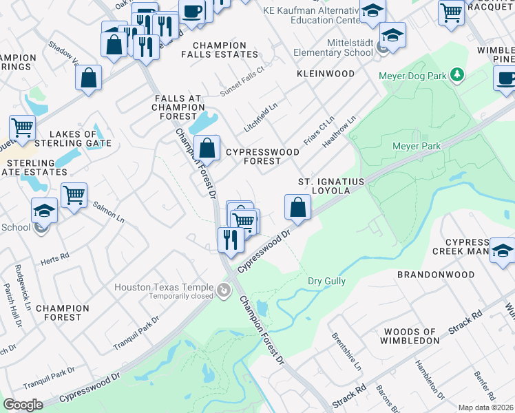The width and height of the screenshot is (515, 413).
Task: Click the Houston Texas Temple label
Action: [166, 287]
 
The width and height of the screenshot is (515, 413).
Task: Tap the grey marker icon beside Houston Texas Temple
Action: [223, 292]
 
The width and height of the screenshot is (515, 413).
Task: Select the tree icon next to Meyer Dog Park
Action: [456, 74]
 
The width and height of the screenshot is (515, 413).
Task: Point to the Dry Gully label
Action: [326, 282]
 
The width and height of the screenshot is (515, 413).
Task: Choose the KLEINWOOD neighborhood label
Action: [326, 74]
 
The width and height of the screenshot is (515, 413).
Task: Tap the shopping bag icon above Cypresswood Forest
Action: [207, 147]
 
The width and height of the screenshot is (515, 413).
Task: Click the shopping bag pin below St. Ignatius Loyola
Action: [297, 207]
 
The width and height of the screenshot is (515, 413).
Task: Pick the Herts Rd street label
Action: [56, 255]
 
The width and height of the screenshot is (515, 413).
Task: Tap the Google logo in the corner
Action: [23, 405]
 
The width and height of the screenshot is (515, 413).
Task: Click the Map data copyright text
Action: [485, 407]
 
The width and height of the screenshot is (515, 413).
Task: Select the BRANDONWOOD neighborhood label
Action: [436, 275]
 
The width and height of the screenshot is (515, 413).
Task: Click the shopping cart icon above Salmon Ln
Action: [74, 194]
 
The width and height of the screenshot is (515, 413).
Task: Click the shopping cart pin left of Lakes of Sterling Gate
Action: [22, 127]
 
